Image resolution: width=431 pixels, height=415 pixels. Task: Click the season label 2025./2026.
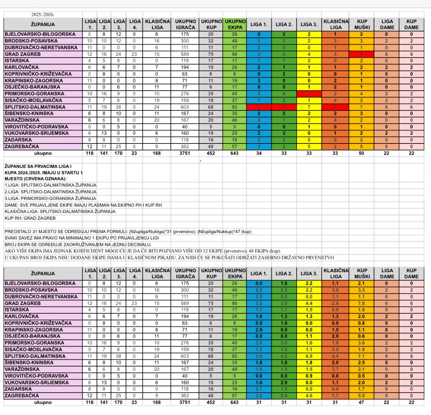coord(43,15)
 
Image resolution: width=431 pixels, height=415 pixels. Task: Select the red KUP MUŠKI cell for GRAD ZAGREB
coord(361,54)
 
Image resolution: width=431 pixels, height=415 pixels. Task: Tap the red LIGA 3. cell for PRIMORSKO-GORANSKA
coord(309,94)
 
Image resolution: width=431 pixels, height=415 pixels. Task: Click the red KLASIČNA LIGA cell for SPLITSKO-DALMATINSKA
coord(335,107)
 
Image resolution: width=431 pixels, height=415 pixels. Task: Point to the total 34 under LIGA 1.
coord(259,153)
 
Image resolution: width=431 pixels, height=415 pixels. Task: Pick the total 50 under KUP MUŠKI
coord(361,153)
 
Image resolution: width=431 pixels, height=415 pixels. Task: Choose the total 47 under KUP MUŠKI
coord(361,402)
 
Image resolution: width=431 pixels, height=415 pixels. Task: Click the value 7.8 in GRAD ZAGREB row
coord(361,304)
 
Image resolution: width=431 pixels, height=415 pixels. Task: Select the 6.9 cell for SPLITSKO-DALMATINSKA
coord(309,356)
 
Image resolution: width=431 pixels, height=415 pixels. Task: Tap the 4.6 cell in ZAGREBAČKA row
coord(309,396)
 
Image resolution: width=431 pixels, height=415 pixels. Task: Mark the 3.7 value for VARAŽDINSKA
coord(335,369)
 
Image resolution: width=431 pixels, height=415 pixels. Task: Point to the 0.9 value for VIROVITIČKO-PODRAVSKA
coord(309,376)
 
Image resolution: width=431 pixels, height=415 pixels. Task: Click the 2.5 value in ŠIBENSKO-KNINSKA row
coord(361,362)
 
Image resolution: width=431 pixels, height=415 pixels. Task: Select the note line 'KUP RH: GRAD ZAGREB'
coord(30,218)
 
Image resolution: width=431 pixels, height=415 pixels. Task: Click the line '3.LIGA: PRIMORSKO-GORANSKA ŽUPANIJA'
coord(50,199)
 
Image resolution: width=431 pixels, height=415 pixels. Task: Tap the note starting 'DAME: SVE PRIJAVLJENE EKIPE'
coord(83,205)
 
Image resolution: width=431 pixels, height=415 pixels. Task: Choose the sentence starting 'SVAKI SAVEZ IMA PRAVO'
coord(82,238)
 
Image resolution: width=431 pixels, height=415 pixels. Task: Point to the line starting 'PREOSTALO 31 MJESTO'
coord(128,232)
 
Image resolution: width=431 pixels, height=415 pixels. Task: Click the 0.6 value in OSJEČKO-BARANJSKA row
coord(361,336)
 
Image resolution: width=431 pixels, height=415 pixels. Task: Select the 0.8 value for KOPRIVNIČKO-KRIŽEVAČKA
coord(361,323)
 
